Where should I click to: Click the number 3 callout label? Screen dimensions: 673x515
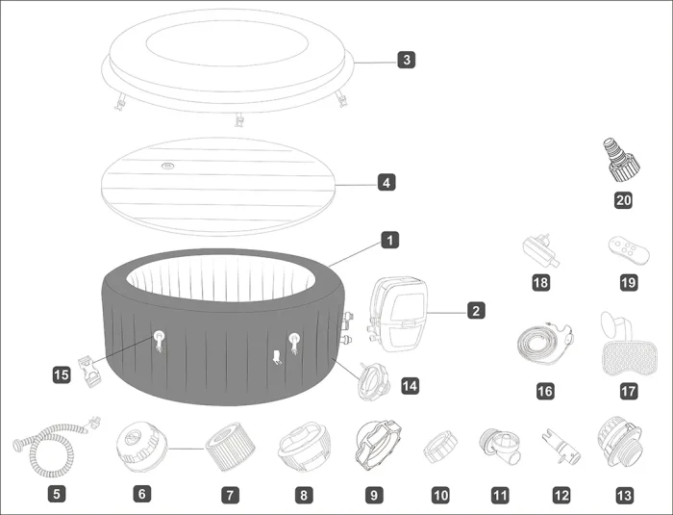(407, 60)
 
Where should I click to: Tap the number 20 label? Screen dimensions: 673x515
(623, 200)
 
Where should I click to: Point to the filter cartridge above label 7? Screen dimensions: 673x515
(230, 447)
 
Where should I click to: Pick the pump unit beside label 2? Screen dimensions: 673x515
(398, 315)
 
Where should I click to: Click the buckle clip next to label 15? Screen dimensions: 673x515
(89, 373)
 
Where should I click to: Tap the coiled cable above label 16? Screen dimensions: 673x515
(545, 344)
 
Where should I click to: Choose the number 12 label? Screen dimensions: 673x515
(561, 495)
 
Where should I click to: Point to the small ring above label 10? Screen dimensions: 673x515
(440, 447)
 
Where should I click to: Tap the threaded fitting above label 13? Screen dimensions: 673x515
(619, 444)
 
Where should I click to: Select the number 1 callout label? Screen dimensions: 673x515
(389, 240)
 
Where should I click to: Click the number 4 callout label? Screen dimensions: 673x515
(386, 183)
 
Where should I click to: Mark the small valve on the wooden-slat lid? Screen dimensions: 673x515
(167, 166)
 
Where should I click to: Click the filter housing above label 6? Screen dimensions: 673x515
(141, 447)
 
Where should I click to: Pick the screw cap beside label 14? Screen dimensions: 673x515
(374, 382)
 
